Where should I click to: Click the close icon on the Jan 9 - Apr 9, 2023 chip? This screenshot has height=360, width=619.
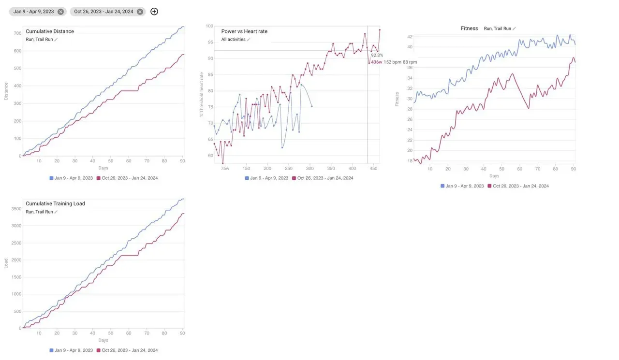click(x=60, y=12)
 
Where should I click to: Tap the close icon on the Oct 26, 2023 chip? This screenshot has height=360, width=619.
click(x=140, y=12)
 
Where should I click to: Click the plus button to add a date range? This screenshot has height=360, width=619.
click(x=154, y=12)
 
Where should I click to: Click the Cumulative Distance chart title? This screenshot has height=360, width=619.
click(x=50, y=31)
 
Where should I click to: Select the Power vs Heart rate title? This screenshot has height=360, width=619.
click(x=244, y=31)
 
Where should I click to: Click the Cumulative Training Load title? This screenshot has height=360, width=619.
click(x=55, y=204)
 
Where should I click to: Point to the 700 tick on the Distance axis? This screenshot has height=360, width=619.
click(x=17, y=33)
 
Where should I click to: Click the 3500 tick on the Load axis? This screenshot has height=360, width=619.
click(x=16, y=209)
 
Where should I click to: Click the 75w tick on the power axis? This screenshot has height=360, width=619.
click(x=225, y=169)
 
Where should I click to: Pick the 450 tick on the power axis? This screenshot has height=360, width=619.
click(x=373, y=169)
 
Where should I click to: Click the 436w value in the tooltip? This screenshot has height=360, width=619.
click(x=376, y=62)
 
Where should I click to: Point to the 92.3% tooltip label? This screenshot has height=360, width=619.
click(x=377, y=56)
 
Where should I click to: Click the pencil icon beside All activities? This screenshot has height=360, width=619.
click(x=249, y=40)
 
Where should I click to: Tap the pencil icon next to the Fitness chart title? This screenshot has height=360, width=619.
click(x=514, y=29)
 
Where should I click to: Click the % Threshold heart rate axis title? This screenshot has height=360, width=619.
click(x=202, y=95)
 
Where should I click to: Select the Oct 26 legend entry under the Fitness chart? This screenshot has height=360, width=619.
click(x=518, y=186)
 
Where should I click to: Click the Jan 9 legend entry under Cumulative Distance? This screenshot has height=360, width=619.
click(x=72, y=178)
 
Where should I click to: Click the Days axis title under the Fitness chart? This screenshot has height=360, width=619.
click(x=494, y=176)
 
